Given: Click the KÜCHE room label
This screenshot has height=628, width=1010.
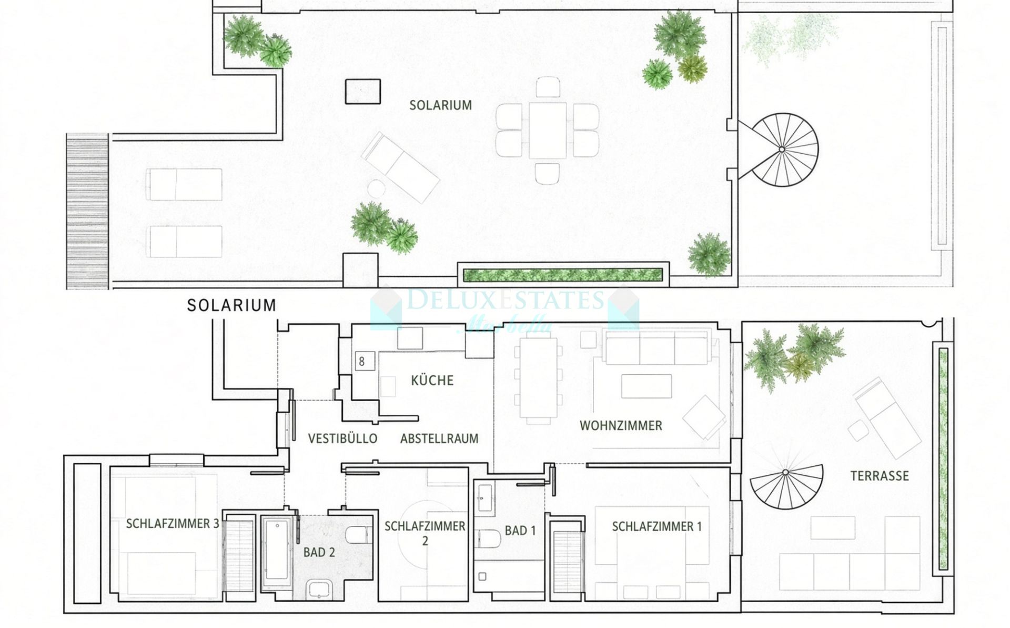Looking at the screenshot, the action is coord(432,380).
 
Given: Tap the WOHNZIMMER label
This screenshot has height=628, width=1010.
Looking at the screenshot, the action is coord(621,425).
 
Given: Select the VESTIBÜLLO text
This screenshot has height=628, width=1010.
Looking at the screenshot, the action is coord(342,438).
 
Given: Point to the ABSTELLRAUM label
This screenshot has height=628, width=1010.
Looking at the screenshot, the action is coord(439,438).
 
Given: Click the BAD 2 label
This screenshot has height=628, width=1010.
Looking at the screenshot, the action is coord(319,552).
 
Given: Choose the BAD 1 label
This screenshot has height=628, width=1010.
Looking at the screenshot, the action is coord(520,531).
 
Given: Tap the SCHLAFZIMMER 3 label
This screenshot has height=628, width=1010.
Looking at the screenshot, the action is coord(172,524).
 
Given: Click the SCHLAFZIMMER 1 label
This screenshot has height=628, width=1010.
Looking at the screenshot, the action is coord(656,526).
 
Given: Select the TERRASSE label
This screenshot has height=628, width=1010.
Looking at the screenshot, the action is coord(880,476).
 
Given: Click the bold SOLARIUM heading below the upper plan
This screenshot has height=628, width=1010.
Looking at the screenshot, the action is coord(231,305).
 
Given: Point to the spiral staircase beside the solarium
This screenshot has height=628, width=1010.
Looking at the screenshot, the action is coord(782,149).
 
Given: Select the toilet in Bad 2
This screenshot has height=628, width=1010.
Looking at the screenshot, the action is coord(359,535).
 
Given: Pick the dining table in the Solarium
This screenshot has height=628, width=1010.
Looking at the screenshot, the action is coord(547,130).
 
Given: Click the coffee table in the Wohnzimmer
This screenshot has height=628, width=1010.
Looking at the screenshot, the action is coord(646,386).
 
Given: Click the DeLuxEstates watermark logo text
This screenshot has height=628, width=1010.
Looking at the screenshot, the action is coord(506,300).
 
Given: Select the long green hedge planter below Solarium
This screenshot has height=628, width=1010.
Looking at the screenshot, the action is coord(563,275).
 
